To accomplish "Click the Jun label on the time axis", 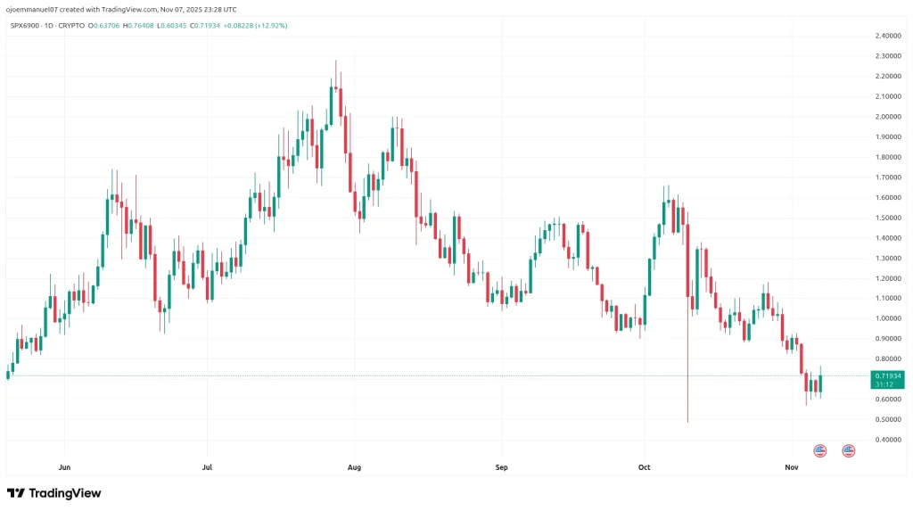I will [63, 466].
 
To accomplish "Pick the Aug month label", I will [354, 466].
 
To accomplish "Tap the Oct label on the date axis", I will [645, 466].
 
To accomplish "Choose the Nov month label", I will [790, 466].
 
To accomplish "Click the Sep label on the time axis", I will [500, 466].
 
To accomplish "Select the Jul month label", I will [207, 466].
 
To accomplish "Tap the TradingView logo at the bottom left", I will [54, 493].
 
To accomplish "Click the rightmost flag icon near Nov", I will [849, 450].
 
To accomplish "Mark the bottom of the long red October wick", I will [687, 421].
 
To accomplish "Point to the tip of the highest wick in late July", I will [335, 61].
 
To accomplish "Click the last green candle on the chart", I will [820, 383].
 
